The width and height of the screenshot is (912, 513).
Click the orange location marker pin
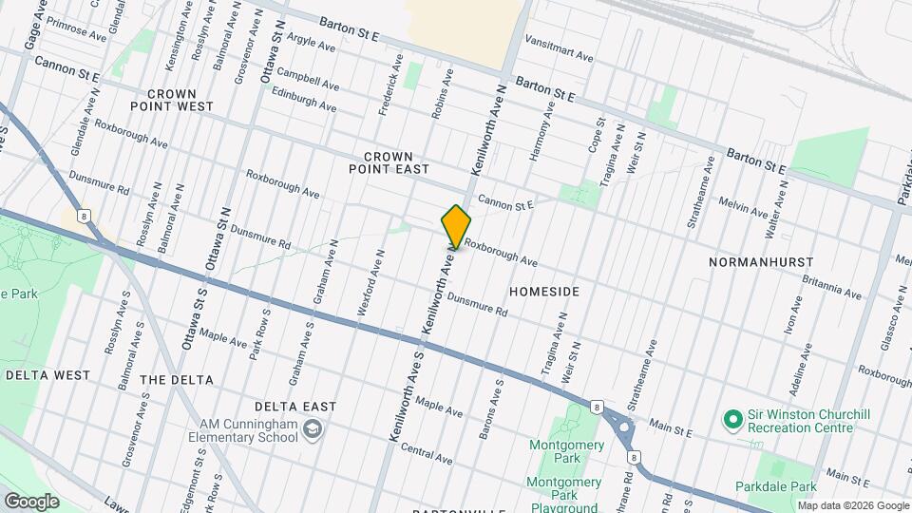tap(456, 226)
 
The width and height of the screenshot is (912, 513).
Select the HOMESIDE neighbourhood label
tap(544, 290)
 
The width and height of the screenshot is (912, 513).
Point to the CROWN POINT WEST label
tap(180, 100)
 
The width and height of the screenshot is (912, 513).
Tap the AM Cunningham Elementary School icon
tap(311, 430)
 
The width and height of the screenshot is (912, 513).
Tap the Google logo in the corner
tap(31, 501)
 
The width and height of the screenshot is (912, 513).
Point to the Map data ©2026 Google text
tap(851, 505)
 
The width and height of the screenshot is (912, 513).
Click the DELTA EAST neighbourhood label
tap(301, 407)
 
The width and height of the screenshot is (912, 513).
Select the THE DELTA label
tap(176, 379)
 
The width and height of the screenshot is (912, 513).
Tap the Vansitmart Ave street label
tap(560, 57)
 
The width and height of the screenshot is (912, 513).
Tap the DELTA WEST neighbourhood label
tap(47, 375)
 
